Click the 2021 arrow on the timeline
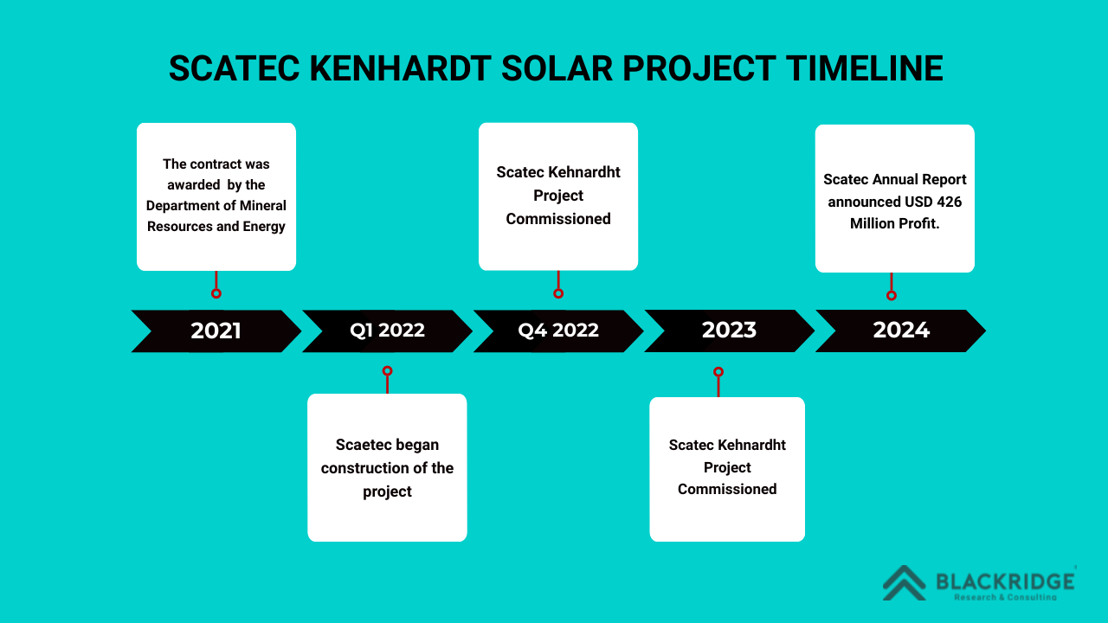pos(216,331)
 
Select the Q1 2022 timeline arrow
pos(387,331)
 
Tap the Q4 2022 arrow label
pos(558,331)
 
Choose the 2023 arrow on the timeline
pos(729,331)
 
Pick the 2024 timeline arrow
pos(900,331)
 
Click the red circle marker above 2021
pos(216,293)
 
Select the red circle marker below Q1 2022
pos(387,371)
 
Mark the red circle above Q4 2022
pos(558,293)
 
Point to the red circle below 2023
pos(718,372)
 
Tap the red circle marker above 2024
pos(892,295)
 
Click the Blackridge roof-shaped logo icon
pos(905,583)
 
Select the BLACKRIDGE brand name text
pos(1005,581)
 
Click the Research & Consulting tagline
pos(1005,597)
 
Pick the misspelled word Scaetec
pos(363,445)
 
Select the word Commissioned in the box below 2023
pos(727,489)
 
